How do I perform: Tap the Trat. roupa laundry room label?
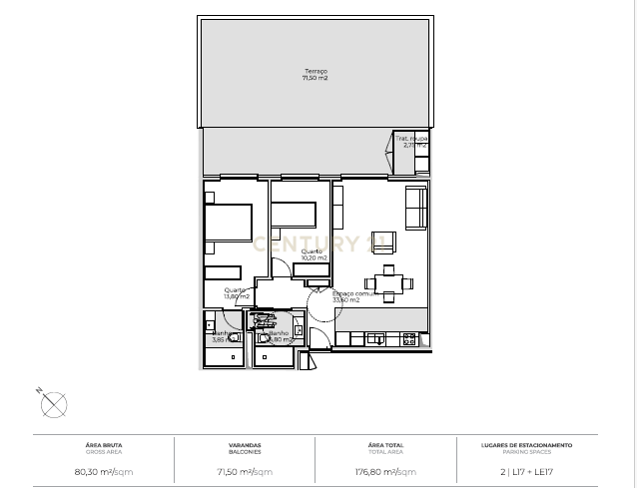[414, 142]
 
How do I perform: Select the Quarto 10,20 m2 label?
[315, 254]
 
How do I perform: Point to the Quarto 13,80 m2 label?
[237, 292]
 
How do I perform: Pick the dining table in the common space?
[389, 282]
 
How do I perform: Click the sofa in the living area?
[414, 208]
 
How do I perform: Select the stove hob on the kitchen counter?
[408, 339]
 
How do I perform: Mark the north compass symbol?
[54, 405]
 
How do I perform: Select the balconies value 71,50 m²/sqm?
[245, 472]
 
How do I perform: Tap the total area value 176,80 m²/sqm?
[385, 472]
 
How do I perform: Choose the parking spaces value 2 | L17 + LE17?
[527, 472]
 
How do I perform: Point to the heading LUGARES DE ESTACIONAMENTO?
[527, 445]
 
